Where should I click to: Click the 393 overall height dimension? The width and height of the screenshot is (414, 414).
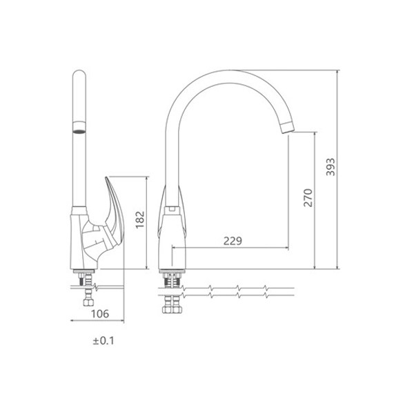tap(331, 167)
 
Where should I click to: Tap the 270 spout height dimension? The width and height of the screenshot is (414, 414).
tap(308, 198)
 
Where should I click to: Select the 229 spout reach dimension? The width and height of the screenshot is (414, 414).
tap(233, 241)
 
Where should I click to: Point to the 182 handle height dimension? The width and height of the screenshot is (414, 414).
tap(140, 219)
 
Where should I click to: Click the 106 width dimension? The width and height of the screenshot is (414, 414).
tap(100, 314)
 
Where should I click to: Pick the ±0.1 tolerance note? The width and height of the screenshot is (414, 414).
tap(103, 341)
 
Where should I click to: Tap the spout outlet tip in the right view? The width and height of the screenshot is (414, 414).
tap(287, 128)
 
